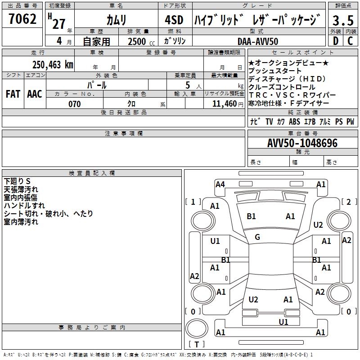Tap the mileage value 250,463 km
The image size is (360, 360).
(x=53, y=64)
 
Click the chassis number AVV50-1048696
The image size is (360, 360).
(x=302, y=143)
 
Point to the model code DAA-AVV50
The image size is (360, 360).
(x=258, y=41)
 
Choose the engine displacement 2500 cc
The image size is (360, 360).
(x=140, y=41)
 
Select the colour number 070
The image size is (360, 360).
(x=74, y=104)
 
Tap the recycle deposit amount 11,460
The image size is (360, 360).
(x=224, y=104)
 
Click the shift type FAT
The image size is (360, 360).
(x=13, y=94)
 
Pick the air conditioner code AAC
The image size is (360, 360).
(x=35, y=94)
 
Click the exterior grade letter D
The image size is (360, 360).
(x=335, y=41)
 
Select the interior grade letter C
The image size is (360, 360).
(x=351, y=41)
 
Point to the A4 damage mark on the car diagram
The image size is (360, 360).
(x=220, y=184)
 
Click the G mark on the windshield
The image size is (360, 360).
(x=257, y=237)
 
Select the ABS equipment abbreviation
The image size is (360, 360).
(x=294, y=121)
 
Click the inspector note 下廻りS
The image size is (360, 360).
(x=17, y=181)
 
